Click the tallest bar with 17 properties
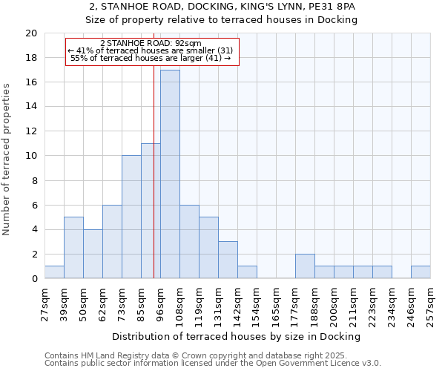point(170,174)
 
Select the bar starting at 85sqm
point(151,211)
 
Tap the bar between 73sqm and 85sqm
point(131,217)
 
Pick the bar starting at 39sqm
point(73,248)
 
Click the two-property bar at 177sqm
point(305,266)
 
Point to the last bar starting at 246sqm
point(421,272)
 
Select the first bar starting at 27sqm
point(54,272)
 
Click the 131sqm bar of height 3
point(228,260)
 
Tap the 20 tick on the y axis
point(30,33)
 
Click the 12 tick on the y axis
point(30,131)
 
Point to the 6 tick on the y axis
point(33,205)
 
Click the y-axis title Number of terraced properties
point(7,159)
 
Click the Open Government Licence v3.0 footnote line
point(213,363)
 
